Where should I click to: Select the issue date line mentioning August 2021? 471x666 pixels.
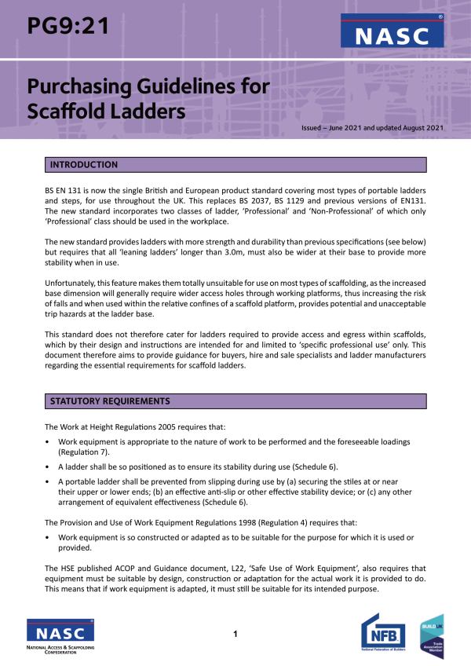373,127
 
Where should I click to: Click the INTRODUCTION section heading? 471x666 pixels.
84,165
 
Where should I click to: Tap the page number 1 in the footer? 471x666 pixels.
235,633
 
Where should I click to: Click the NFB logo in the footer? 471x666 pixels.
382,635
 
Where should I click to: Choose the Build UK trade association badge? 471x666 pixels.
432,635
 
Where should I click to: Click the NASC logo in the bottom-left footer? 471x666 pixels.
60,635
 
